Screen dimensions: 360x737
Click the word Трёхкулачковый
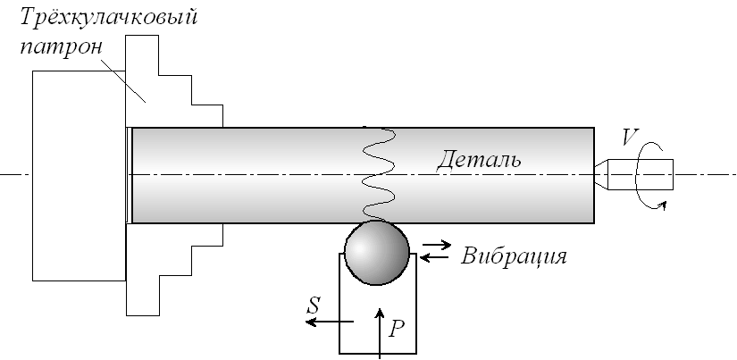pyautogui.click(x=108, y=18)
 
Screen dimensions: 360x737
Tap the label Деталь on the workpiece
pyautogui.click(x=478, y=161)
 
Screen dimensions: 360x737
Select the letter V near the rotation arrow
pyautogui.click(x=631, y=138)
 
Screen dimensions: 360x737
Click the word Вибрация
pyautogui.click(x=514, y=257)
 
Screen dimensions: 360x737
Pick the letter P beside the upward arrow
pyautogui.click(x=398, y=328)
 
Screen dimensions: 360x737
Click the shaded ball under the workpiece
pyautogui.click(x=376, y=253)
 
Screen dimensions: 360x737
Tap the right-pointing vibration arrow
pyautogui.click(x=437, y=242)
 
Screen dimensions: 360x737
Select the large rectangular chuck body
pyautogui.click(x=76, y=174)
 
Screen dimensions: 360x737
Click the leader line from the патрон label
pyautogui.click(x=117, y=76)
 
